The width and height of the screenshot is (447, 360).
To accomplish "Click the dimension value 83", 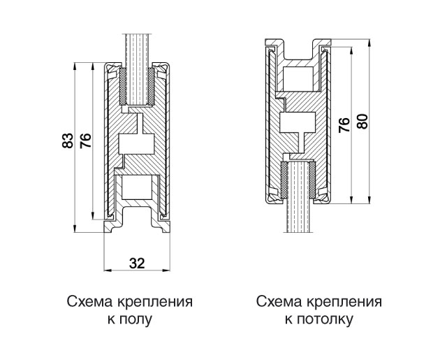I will (x=67, y=141).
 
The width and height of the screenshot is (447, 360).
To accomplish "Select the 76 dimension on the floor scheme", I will (x=84, y=141).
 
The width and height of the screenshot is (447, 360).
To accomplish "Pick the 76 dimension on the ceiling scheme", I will (x=344, y=124).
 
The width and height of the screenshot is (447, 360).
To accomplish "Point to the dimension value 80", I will (x=362, y=120).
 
